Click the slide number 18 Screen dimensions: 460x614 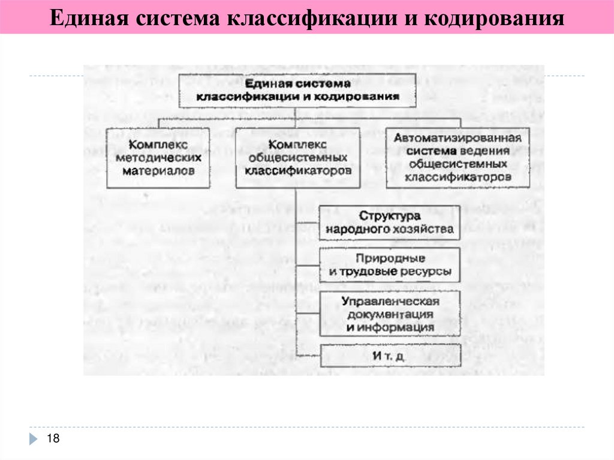tap(53, 440)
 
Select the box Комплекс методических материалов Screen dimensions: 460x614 tap(158, 158)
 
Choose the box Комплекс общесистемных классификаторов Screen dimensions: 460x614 tap(297, 158)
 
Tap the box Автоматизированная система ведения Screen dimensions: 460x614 tap(458, 158)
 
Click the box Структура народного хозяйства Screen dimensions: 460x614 tap(390, 223)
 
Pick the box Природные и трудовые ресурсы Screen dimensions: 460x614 tap(390, 265)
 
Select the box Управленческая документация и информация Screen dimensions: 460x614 tap(390, 314)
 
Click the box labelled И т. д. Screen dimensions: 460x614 tap(390, 356)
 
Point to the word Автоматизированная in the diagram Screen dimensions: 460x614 tap(458, 138)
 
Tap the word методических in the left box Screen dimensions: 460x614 tap(158, 158)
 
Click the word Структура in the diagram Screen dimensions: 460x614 tap(390, 216)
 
